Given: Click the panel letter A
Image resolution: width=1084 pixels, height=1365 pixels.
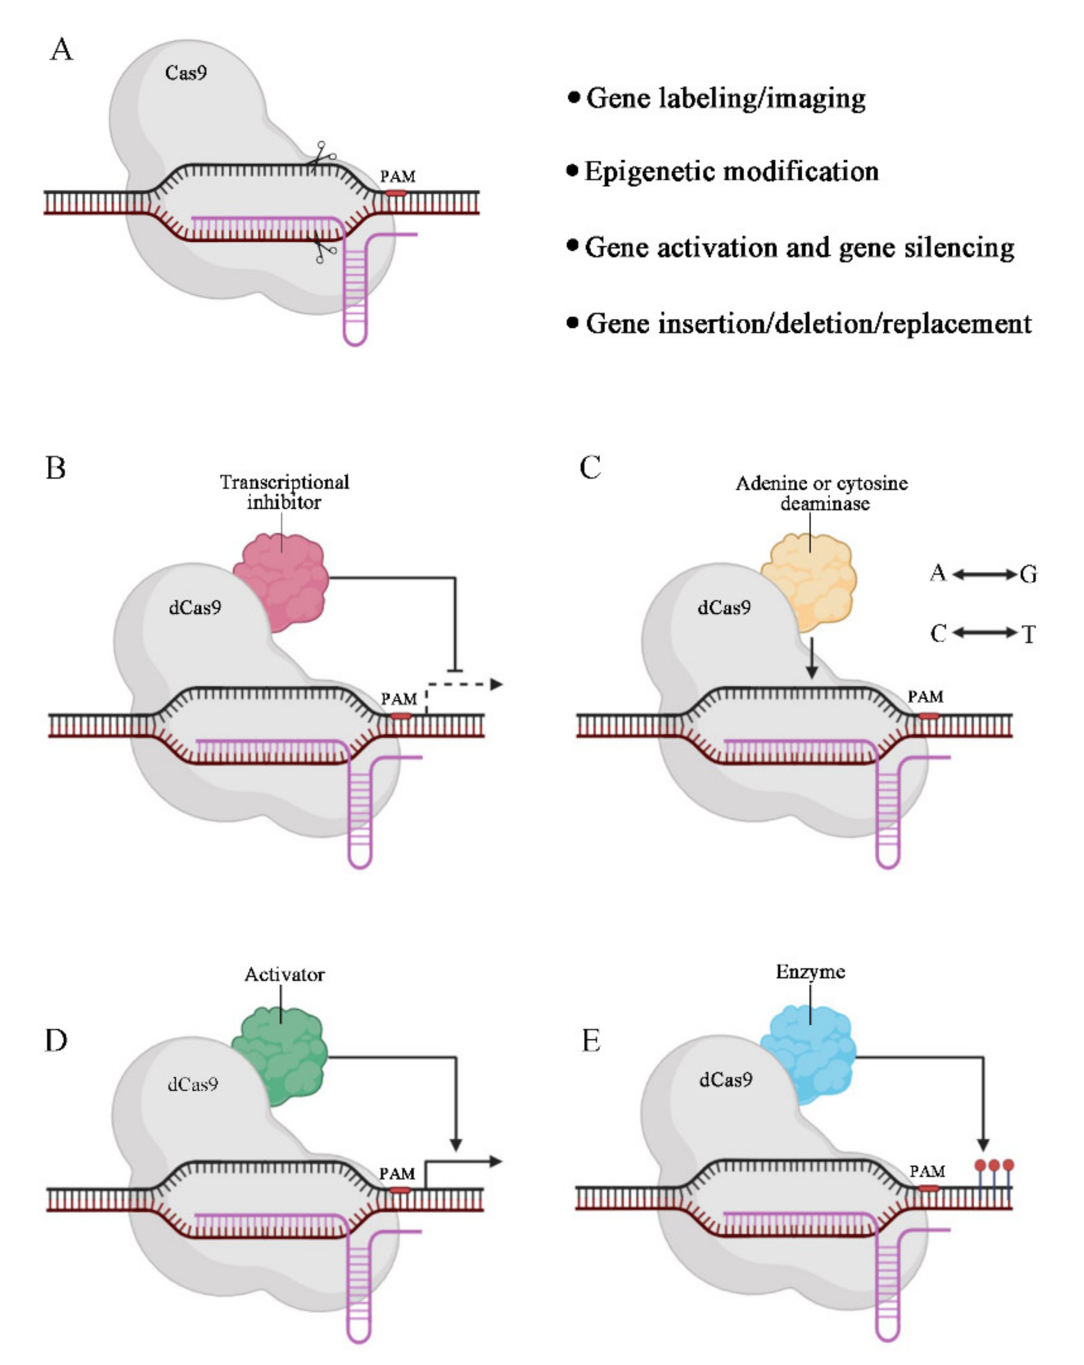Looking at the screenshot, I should click(61, 49).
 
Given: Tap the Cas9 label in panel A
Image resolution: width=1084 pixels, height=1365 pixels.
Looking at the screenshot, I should click(185, 73).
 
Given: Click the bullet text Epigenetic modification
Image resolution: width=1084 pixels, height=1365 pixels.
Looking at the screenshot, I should click(731, 172).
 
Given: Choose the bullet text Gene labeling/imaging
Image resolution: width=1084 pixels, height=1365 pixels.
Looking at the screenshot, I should click(726, 98).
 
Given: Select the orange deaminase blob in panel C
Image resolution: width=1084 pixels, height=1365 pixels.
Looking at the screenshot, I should click(809, 581).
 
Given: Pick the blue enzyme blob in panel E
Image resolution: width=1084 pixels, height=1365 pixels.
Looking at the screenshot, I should click(808, 1054).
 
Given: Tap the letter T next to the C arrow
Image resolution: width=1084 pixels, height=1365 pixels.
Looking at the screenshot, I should click(1028, 634).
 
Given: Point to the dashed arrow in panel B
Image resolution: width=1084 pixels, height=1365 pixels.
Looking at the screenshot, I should click(465, 684).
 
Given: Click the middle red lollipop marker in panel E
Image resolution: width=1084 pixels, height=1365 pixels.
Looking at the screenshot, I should click(993, 1165).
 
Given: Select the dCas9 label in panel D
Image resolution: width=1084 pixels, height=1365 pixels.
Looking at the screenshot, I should click(192, 1085).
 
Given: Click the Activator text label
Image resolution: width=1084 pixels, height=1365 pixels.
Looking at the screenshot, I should click(284, 974).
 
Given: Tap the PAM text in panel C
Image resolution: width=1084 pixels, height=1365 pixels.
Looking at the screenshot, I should click(925, 697).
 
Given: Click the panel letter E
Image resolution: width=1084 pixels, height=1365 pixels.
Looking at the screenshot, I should click(590, 1040).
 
